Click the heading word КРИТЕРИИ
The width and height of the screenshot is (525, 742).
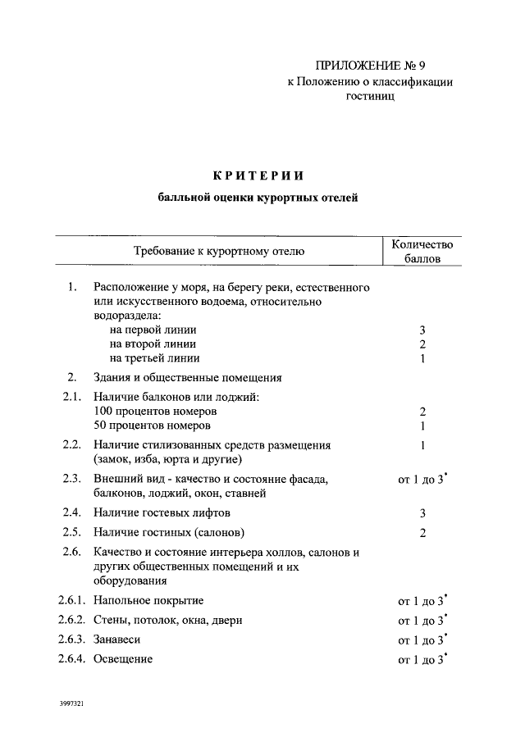(258, 175)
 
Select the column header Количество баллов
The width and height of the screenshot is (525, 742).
(422, 251)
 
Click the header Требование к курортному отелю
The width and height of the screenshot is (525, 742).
(219, 251)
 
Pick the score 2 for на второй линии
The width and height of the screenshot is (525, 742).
(422, 344)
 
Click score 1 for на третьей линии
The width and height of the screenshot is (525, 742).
(422, 358)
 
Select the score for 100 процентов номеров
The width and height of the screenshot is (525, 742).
(422, 411)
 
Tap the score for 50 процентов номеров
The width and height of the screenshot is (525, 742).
(422, 426)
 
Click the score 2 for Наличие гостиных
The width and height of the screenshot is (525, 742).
(422, 533)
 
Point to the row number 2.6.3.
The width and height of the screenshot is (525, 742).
(72, 640)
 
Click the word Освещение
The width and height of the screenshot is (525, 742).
(123, 659)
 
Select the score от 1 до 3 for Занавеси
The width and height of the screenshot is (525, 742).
(422, 640)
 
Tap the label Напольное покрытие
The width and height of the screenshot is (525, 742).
(148, 600)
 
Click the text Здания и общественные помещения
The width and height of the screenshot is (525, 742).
(188, 378)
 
